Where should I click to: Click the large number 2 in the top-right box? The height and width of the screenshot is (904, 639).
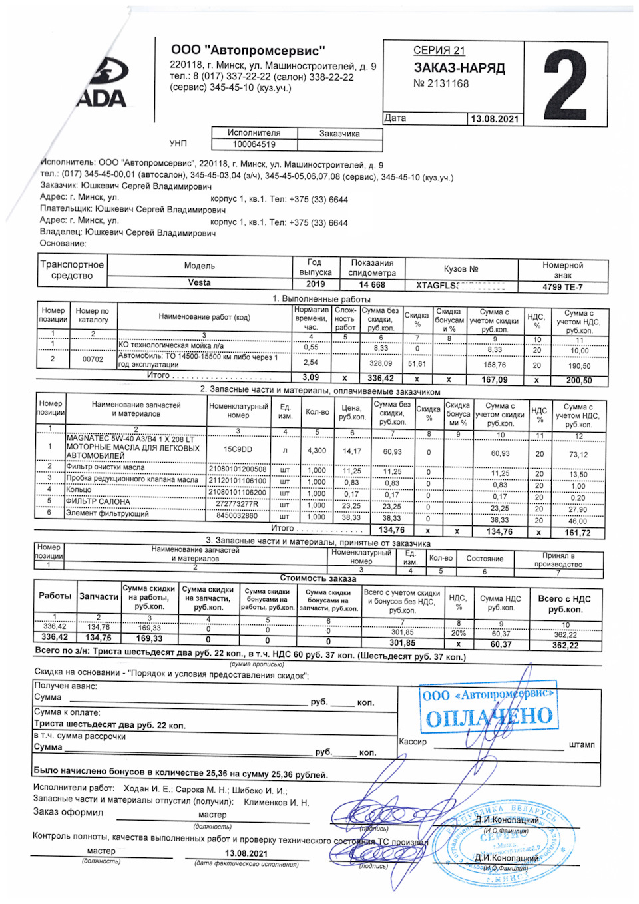click(565, 85)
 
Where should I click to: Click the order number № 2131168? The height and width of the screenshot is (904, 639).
click(441, 84)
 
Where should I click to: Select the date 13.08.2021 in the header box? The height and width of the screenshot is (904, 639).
click(494, 119)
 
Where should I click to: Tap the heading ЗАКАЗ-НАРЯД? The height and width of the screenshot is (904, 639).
click(459, 68)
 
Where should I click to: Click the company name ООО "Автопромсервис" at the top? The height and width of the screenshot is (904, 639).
click(248, 50)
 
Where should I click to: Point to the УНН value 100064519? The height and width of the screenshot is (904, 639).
click(254, 144)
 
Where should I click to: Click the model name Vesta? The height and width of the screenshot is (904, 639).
click(199, 283)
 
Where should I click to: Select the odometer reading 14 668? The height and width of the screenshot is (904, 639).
click(372, 284)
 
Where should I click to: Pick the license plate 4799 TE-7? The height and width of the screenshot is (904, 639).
click(562, 287)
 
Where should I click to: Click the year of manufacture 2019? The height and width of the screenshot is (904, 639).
click(316, 284)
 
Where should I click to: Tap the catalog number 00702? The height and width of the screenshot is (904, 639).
click(93, 359)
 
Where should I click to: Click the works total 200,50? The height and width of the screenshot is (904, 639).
click(578, 380)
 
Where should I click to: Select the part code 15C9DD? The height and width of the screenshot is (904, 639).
click(238, 449)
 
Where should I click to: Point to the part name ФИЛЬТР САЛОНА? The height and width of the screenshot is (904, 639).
click(98, 501)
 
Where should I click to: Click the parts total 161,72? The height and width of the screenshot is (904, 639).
click(577, 533)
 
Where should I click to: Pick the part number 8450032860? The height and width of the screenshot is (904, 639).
click(237, 516)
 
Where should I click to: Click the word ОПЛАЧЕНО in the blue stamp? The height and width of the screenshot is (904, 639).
click(489, 717)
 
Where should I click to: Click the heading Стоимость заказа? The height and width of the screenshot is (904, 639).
click(318, 578)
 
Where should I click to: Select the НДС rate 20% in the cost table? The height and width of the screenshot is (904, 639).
click(458, 633)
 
